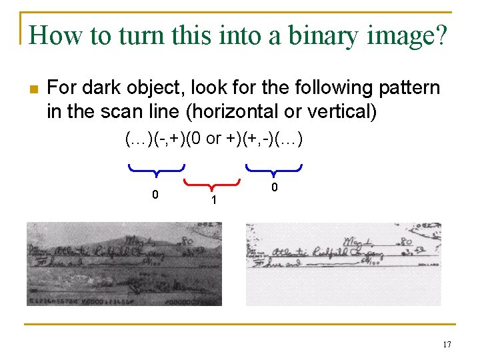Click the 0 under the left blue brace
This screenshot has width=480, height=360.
coord(155,195)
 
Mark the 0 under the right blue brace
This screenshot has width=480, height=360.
coord(273,188)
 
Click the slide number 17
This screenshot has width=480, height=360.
coord(446,345)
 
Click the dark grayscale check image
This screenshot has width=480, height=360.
coord(124,264)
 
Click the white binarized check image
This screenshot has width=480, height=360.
coord(343,264)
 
